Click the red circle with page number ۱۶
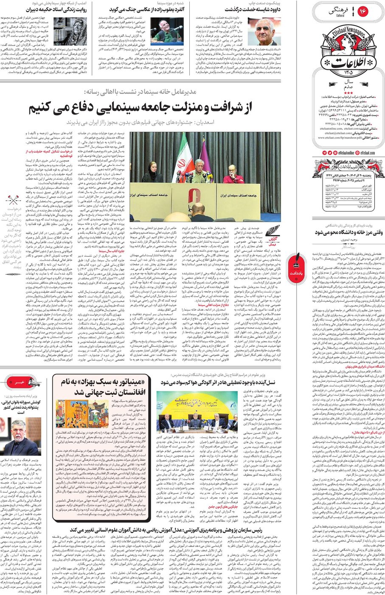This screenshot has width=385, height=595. coord(363,11)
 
